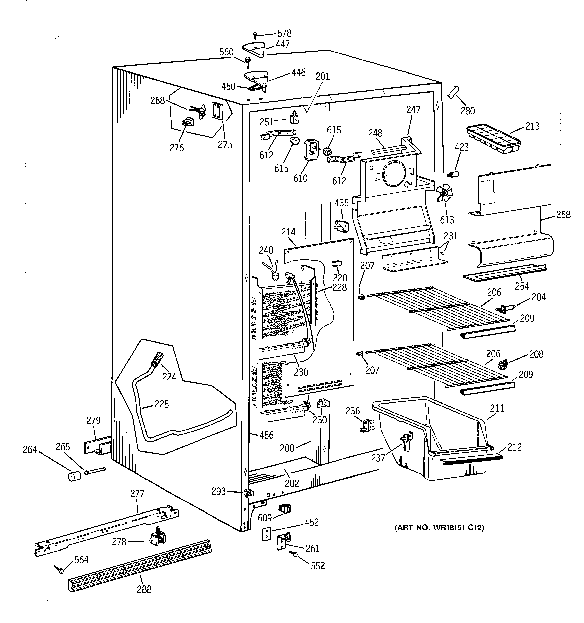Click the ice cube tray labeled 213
493,139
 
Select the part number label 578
284,33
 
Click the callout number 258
563,215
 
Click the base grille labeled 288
140,566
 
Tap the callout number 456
267,435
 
